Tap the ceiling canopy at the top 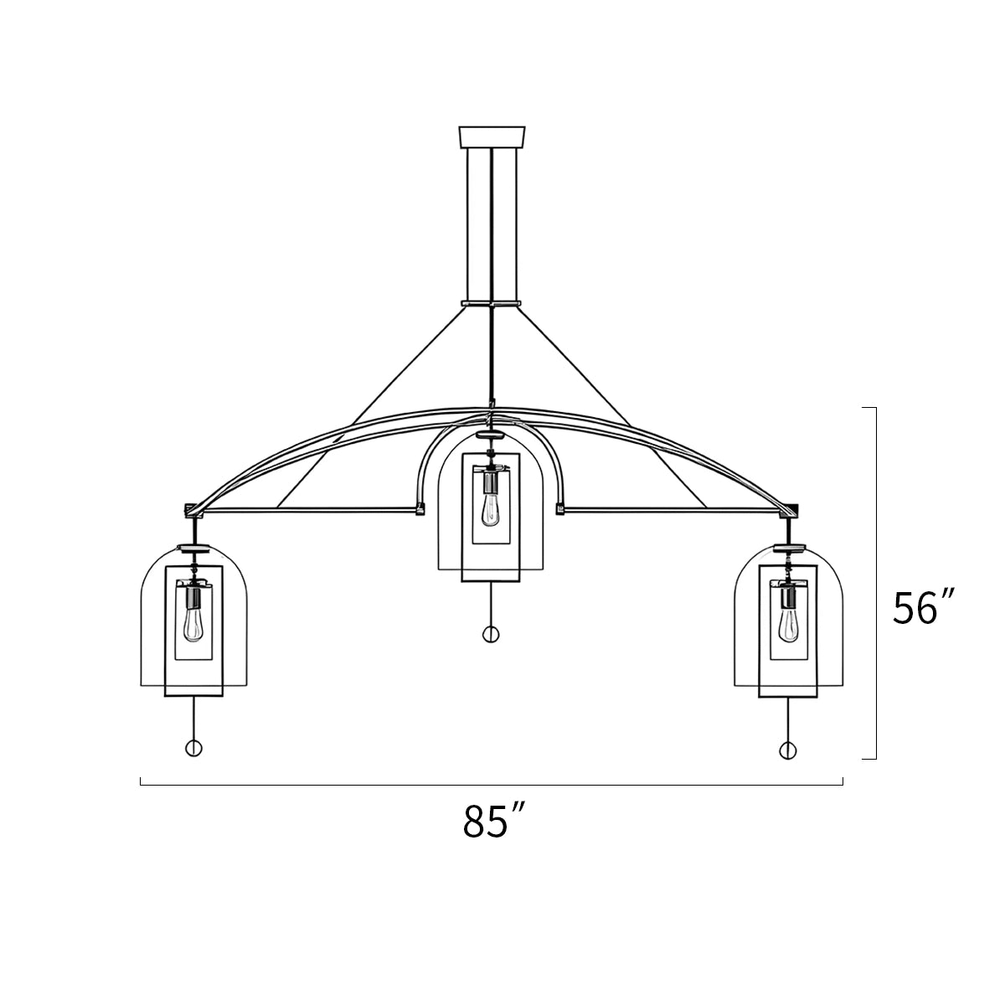point(491,137)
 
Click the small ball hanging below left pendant point(193,749)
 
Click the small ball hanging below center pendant point(491,634)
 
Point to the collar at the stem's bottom point(491,302)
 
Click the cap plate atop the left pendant point(194,549)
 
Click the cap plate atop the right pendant point(788,549)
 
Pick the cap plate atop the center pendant point(491,435)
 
